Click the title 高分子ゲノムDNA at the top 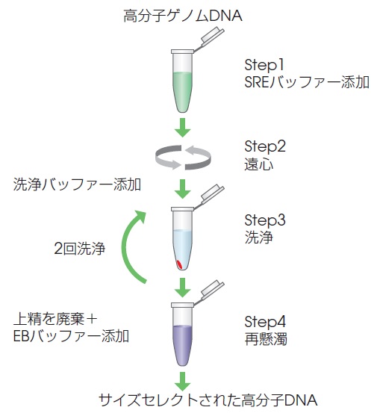pyautogui.click(x=183, y=16)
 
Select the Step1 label pyautogui.click(x=264, y=65)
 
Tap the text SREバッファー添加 pyautogui.click(x=307, y=81)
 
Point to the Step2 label pyautogui.click(x=265, y=146)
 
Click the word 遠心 pyautogui.click(x=258, y=164)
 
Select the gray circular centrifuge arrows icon pyautogui.click(x=183, y=158)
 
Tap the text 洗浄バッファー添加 pyautogui.click(x=77, y=184)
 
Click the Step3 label pyautogui.click(x=265, y=220)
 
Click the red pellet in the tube pyautogui.click(x=179, y=265)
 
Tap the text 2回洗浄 pyautogui.click(x=80, y=249)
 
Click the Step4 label pyautogui.click(x=265, y=322)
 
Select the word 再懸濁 pyautogui.click(x=266, y=339)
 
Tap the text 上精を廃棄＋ pyautogui.click(x=55, y=319)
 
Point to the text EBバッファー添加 pyautogui.click(x=71, y=336)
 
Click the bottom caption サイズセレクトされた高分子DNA pyautogui.click(x=208, y=400)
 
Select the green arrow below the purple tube pyautogui.click(x=183, y=381)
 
